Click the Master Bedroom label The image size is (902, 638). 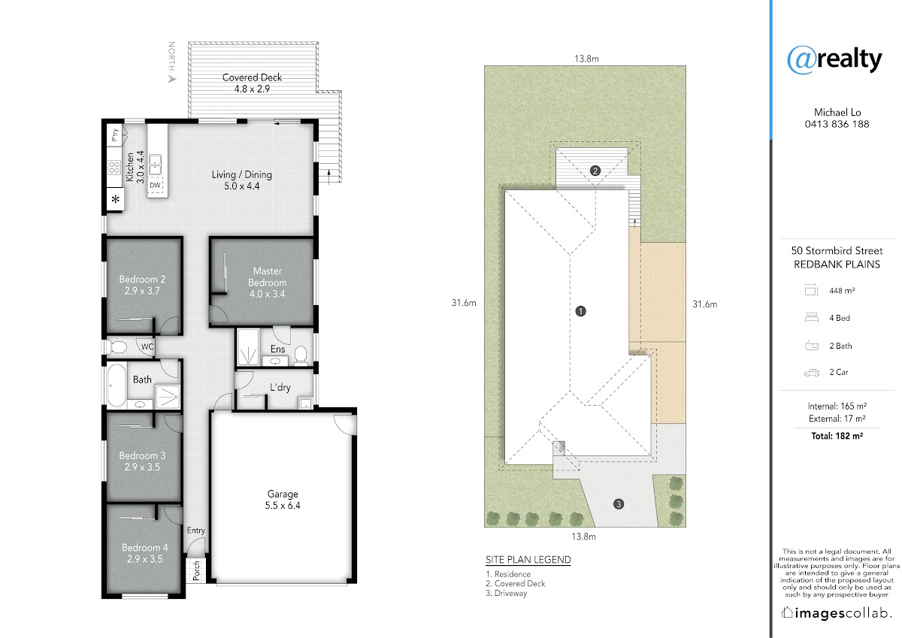(x=268, y=282)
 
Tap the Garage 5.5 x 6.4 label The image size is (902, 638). (x=283, y=500)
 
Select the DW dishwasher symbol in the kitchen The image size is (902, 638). (x=155, y=185)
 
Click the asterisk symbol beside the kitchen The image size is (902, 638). (x=116, y=199)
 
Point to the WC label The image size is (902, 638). (x=147, y=346)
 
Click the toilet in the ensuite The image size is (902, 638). (x=301, y=354)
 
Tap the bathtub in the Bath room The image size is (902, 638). (x=117, y=386)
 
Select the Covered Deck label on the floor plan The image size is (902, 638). (x=252, y=83)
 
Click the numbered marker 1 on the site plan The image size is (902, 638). (x=580, y=311)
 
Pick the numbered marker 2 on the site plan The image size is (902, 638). (x=595, y=171)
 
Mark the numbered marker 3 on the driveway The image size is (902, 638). (x=619, y=504)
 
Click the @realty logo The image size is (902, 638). (x=834, y=60)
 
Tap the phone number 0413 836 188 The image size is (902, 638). (x=837, y=124)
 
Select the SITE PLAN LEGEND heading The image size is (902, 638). (x=528, y=560)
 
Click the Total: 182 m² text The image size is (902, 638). (x=837, y=436)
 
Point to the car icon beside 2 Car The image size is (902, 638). (x=812, y=373)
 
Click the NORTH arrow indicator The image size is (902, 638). (x=172, y=80)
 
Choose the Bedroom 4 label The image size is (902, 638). (x=144, y=553)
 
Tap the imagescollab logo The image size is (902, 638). (x=835, y=613)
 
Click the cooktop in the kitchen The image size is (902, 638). (x=114, y=167)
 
